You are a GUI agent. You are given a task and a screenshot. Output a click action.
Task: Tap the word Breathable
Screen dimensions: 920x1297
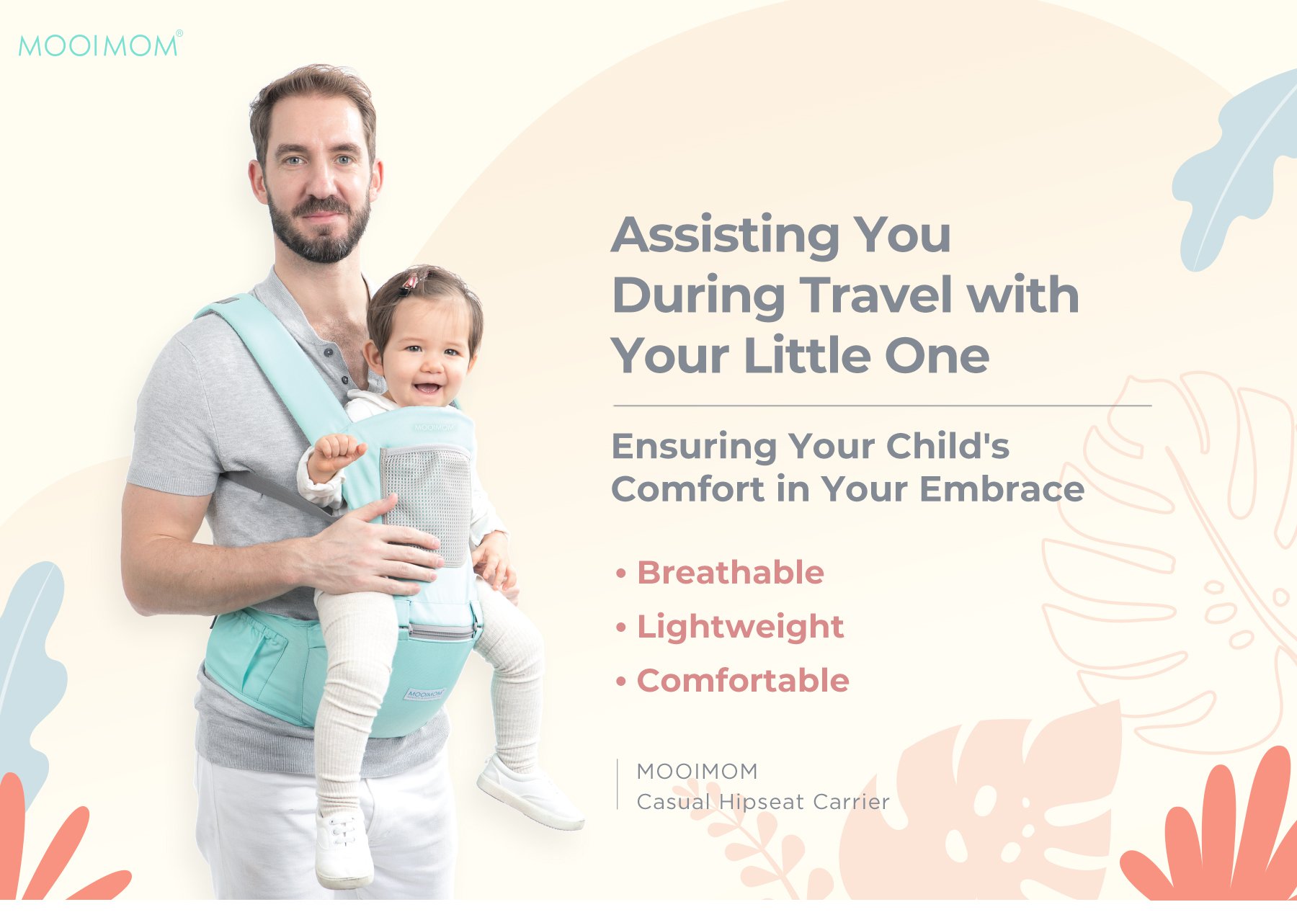pos(730,573)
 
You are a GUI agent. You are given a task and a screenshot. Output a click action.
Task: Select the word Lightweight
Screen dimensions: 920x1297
pos(740,627)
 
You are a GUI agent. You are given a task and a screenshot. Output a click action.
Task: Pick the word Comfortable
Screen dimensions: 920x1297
pos(743,681)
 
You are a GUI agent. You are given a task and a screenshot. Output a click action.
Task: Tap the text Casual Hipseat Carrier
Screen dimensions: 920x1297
pos(762,802)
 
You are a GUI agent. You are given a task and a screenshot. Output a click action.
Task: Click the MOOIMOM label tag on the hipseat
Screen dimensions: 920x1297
pos(424,695)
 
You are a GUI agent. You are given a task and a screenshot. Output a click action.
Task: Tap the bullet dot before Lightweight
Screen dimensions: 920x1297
pos(621,628)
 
